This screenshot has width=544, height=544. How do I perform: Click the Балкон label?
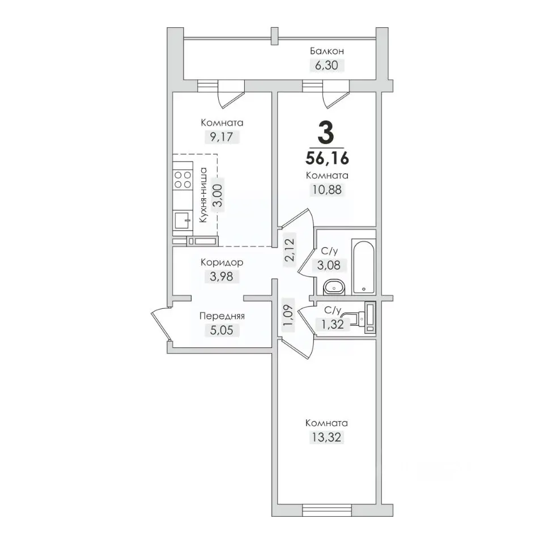coord(327,52)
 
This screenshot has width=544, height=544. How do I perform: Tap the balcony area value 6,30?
coord(326,65)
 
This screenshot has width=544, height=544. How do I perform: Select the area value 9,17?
coord(222,137)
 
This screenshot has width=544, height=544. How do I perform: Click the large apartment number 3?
coord(326,133)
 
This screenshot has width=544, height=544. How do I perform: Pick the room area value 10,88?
coord(327,190)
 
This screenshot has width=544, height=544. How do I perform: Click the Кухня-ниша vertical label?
coord(203,194)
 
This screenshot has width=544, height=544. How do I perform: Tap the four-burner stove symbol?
coord(183,180)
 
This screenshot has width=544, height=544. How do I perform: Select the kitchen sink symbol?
coord(183,220)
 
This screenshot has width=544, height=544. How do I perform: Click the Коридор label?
coord(222,262)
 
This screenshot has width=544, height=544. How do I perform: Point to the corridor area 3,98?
coord(222,277)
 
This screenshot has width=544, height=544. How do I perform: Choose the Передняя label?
coord(222,316)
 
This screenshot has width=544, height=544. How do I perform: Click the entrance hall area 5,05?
coord(222,330)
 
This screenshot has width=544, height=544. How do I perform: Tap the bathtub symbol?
coord(363,266)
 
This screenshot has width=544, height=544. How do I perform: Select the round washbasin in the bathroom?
coord(334,287)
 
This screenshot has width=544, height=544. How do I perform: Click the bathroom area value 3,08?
coord(329,265)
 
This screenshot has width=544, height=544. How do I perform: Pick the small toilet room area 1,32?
coord(333,324)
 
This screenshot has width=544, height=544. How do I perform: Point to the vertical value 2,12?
coord(290,250)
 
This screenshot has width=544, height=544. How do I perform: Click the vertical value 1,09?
coord(288,315)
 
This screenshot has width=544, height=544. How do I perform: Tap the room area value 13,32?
coord(326,437)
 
